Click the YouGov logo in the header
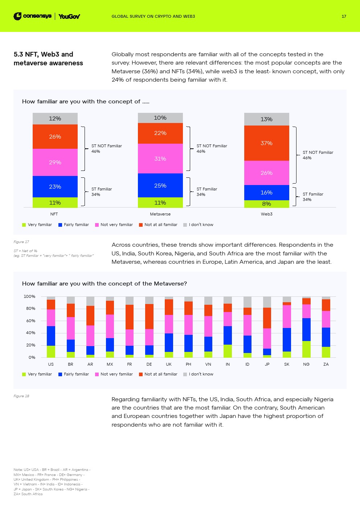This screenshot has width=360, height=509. (x=69, y=16)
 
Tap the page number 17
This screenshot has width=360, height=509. (x=344, y=16)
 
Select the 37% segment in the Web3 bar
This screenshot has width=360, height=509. (x=266, y=143)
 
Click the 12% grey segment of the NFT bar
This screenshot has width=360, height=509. (x=55, y=119)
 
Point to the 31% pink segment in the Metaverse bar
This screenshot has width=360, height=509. (x=160, y=159)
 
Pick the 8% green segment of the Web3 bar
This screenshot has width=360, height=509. (x=266, y=204)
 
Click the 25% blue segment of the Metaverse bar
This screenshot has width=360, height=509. (x=160, y=185)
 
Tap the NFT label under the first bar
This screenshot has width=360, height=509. (x=54, y=214)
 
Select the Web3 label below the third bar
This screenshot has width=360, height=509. (x=266, y=214)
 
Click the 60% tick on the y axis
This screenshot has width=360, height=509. (x=30, y=321)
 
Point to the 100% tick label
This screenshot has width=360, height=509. (x=29, y=296)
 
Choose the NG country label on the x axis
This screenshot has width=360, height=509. (x=306, y=364)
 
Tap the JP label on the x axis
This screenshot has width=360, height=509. (x=267, y=364)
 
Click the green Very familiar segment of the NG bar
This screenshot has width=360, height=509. (x=306, y=349)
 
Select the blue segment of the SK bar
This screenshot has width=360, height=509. (x=287, y=340)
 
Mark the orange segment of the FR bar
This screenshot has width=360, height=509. (x=130, y=317)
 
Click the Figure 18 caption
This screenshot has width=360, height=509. (x=21, y=396)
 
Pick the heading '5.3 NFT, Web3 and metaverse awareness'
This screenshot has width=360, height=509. (x=48, y=58)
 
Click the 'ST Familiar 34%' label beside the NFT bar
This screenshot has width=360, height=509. (x=101, y=192)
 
